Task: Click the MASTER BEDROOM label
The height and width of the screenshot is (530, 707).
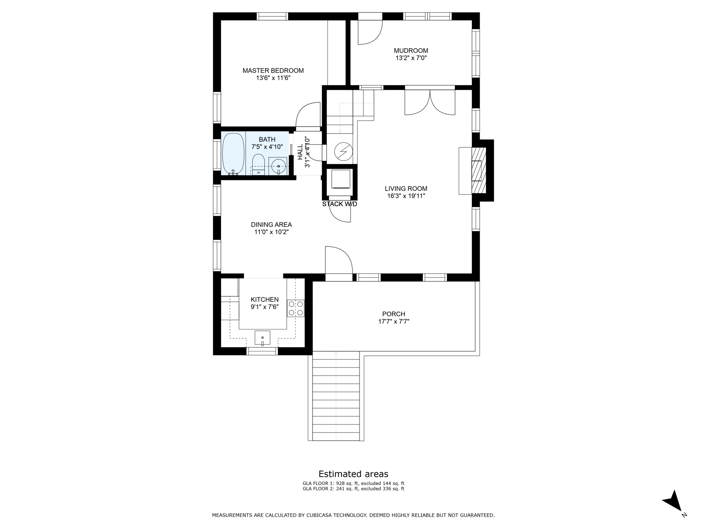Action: point(273,71)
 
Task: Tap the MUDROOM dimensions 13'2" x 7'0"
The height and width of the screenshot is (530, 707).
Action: point(411,58)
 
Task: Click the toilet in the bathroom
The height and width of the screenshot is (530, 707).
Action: point(258,164)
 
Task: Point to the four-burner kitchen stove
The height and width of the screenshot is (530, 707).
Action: point(296,308)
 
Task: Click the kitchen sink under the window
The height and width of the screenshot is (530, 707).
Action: point(262,338)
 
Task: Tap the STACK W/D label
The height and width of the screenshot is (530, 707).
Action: point(339,204)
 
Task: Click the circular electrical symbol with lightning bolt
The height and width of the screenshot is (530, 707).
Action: point(344,152)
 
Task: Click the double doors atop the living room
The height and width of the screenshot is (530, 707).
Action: point(430,102)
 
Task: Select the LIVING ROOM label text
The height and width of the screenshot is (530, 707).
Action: point(406,189)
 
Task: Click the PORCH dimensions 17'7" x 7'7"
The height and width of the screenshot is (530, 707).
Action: point(393,322)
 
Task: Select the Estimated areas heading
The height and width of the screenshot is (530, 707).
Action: point(353,474)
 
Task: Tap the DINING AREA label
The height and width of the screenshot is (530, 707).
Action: point(271,225)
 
